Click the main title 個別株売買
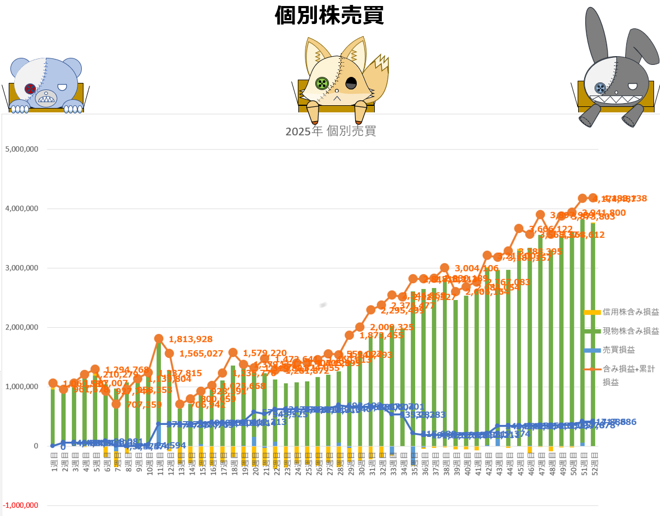point(329,15)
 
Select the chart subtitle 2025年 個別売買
point(331,131)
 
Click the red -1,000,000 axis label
point(21,505)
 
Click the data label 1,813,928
point(190,339)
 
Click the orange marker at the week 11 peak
point(159,339)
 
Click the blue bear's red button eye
point(30,88)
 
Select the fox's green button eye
point(322,83)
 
